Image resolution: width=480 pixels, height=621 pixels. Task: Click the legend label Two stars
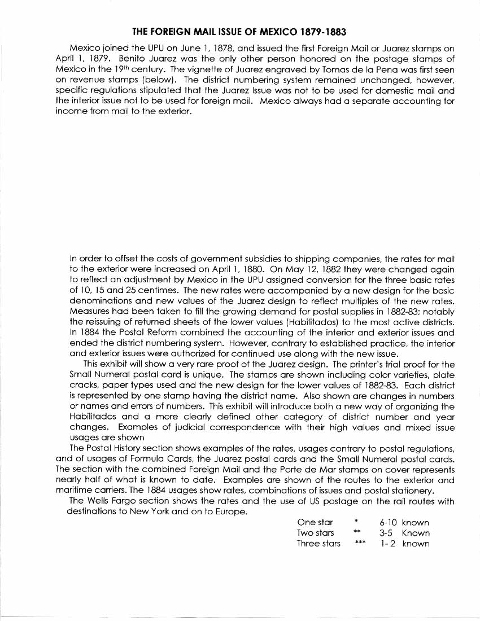click(315, 533)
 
